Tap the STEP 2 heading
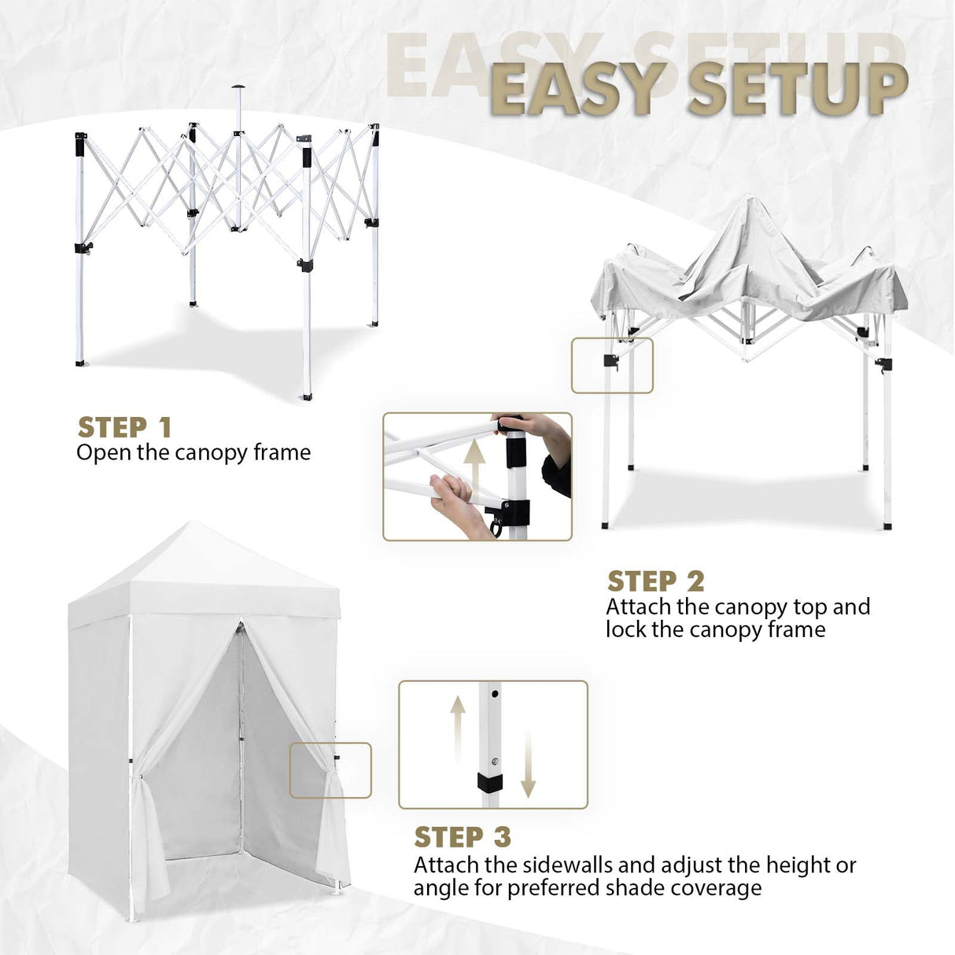tap(655, 581)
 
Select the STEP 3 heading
tap(463, 836)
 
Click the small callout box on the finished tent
tap(330, 770)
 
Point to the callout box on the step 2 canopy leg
tap(612, 365)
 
